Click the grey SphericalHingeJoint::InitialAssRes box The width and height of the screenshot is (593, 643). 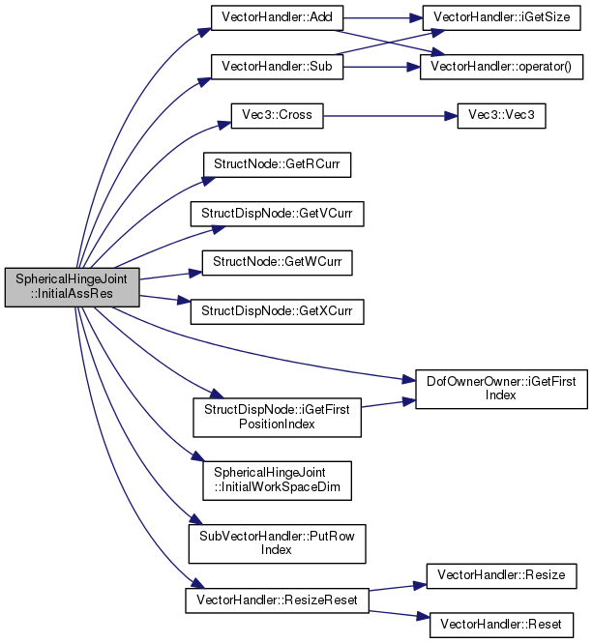click(x=73, y=287)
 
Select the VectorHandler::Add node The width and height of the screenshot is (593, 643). click(x=277, y=17)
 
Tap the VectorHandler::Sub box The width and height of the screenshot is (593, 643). click(x=277, y=67)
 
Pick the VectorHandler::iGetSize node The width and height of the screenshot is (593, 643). click(x=501, y=17)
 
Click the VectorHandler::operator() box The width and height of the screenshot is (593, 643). click(x=501, y=67)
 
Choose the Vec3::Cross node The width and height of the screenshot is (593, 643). click(x=277, y=116)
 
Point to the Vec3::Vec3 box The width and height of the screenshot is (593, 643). click(x=501, y=116)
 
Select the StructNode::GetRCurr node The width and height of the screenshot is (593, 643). click(x=277, y=164)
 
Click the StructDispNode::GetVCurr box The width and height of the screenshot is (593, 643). click(x=277, y=214)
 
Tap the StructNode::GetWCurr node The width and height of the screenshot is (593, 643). click(x=277, y=262)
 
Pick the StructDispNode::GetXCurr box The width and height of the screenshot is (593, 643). click(x=277, y=311)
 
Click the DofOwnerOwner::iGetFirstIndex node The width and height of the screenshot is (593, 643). click(x=501, y=389)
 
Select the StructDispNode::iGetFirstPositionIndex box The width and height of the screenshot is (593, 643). click(x=277, y=418)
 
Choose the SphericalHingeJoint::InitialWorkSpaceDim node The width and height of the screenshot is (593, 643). click(x=277, y=481)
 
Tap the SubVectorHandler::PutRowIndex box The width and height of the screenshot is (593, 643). click(x=277, y=543)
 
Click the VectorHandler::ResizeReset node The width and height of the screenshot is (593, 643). click(x=277, y=600)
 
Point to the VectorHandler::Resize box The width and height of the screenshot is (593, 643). click(x=501, y=576)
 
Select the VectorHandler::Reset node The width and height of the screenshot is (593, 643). click(x=501, y=625)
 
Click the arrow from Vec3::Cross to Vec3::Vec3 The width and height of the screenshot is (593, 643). click(x=390, y=116)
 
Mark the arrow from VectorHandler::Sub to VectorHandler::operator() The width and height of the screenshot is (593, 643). click(x=382, y=68)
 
